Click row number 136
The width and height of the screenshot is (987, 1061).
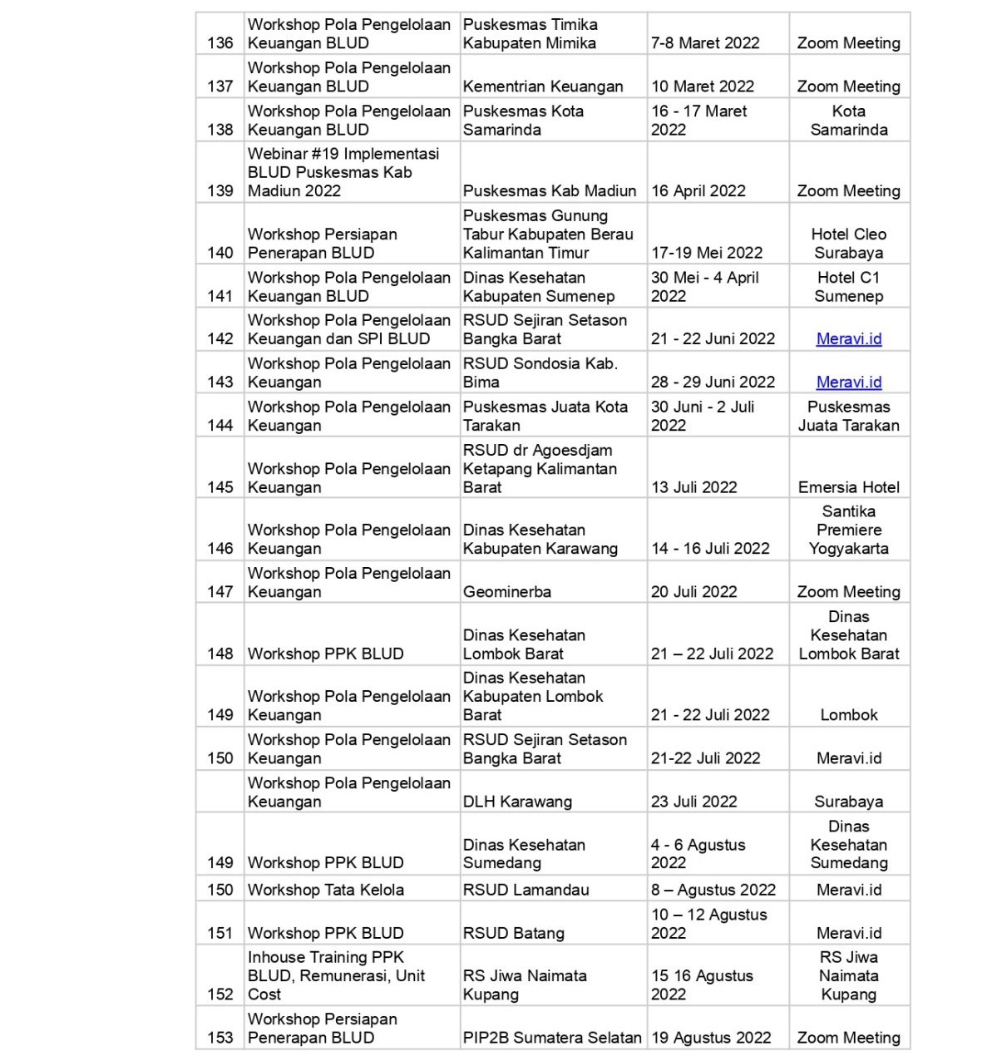point(220,43)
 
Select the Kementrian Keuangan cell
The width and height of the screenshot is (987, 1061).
point(543,86)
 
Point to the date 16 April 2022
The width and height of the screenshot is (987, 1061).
point(698,191)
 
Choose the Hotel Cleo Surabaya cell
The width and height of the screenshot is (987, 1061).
point(848,244)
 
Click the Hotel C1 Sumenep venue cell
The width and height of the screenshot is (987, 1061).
point(848,287)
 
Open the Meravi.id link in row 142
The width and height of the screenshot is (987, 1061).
point(848,339)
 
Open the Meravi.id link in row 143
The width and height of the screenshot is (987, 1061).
point(848,382)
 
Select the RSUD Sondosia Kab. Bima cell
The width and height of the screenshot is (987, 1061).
point(540,373)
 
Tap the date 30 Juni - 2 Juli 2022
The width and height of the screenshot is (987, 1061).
point(703,416)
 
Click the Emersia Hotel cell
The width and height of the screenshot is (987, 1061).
point(848,487)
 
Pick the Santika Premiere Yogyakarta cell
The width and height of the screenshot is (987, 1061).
point(848,530)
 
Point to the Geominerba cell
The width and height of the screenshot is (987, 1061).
point(507,592)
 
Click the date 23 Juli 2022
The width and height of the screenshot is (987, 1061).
point(694,802)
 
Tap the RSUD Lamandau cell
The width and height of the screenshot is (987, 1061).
point(526,890)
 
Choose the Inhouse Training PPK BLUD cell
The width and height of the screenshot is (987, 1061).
point(336,975)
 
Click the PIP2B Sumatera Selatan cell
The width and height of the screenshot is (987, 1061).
point(552,1038)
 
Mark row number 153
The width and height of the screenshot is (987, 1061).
point(220,1038)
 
